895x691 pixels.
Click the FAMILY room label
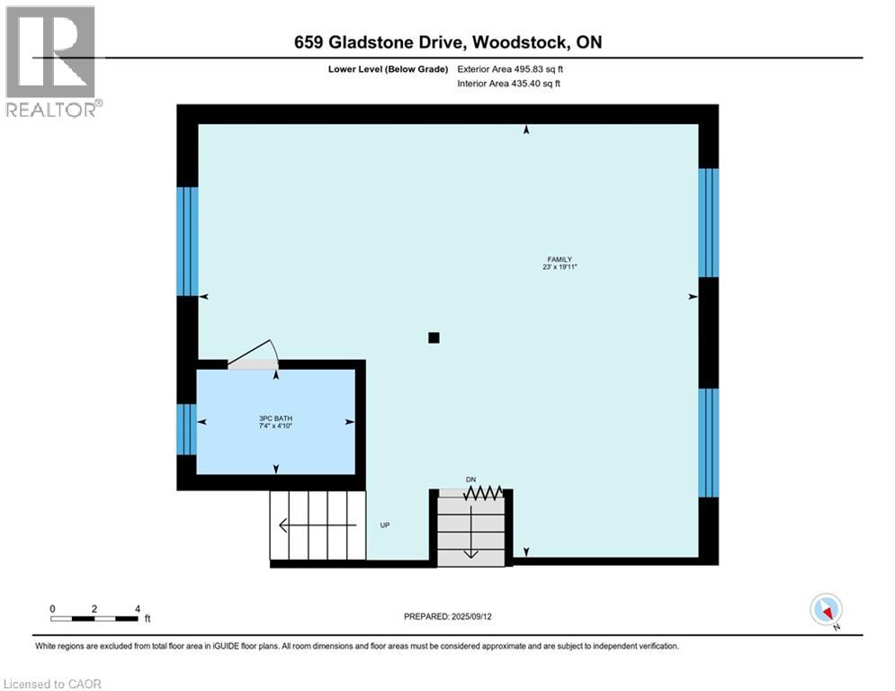point(560,259)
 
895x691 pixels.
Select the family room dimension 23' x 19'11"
point(560,268)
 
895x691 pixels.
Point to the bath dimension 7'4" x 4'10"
point(276,426)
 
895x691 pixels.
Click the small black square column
point(434,337)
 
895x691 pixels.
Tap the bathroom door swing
point(255,354)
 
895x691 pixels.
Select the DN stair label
point(470,480)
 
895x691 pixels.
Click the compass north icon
point(825,610)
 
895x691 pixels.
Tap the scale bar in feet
point(94,617)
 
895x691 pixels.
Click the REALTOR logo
point(51,61)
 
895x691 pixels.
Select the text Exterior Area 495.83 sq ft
point(511,68)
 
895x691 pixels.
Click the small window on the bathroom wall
point(186,429)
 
